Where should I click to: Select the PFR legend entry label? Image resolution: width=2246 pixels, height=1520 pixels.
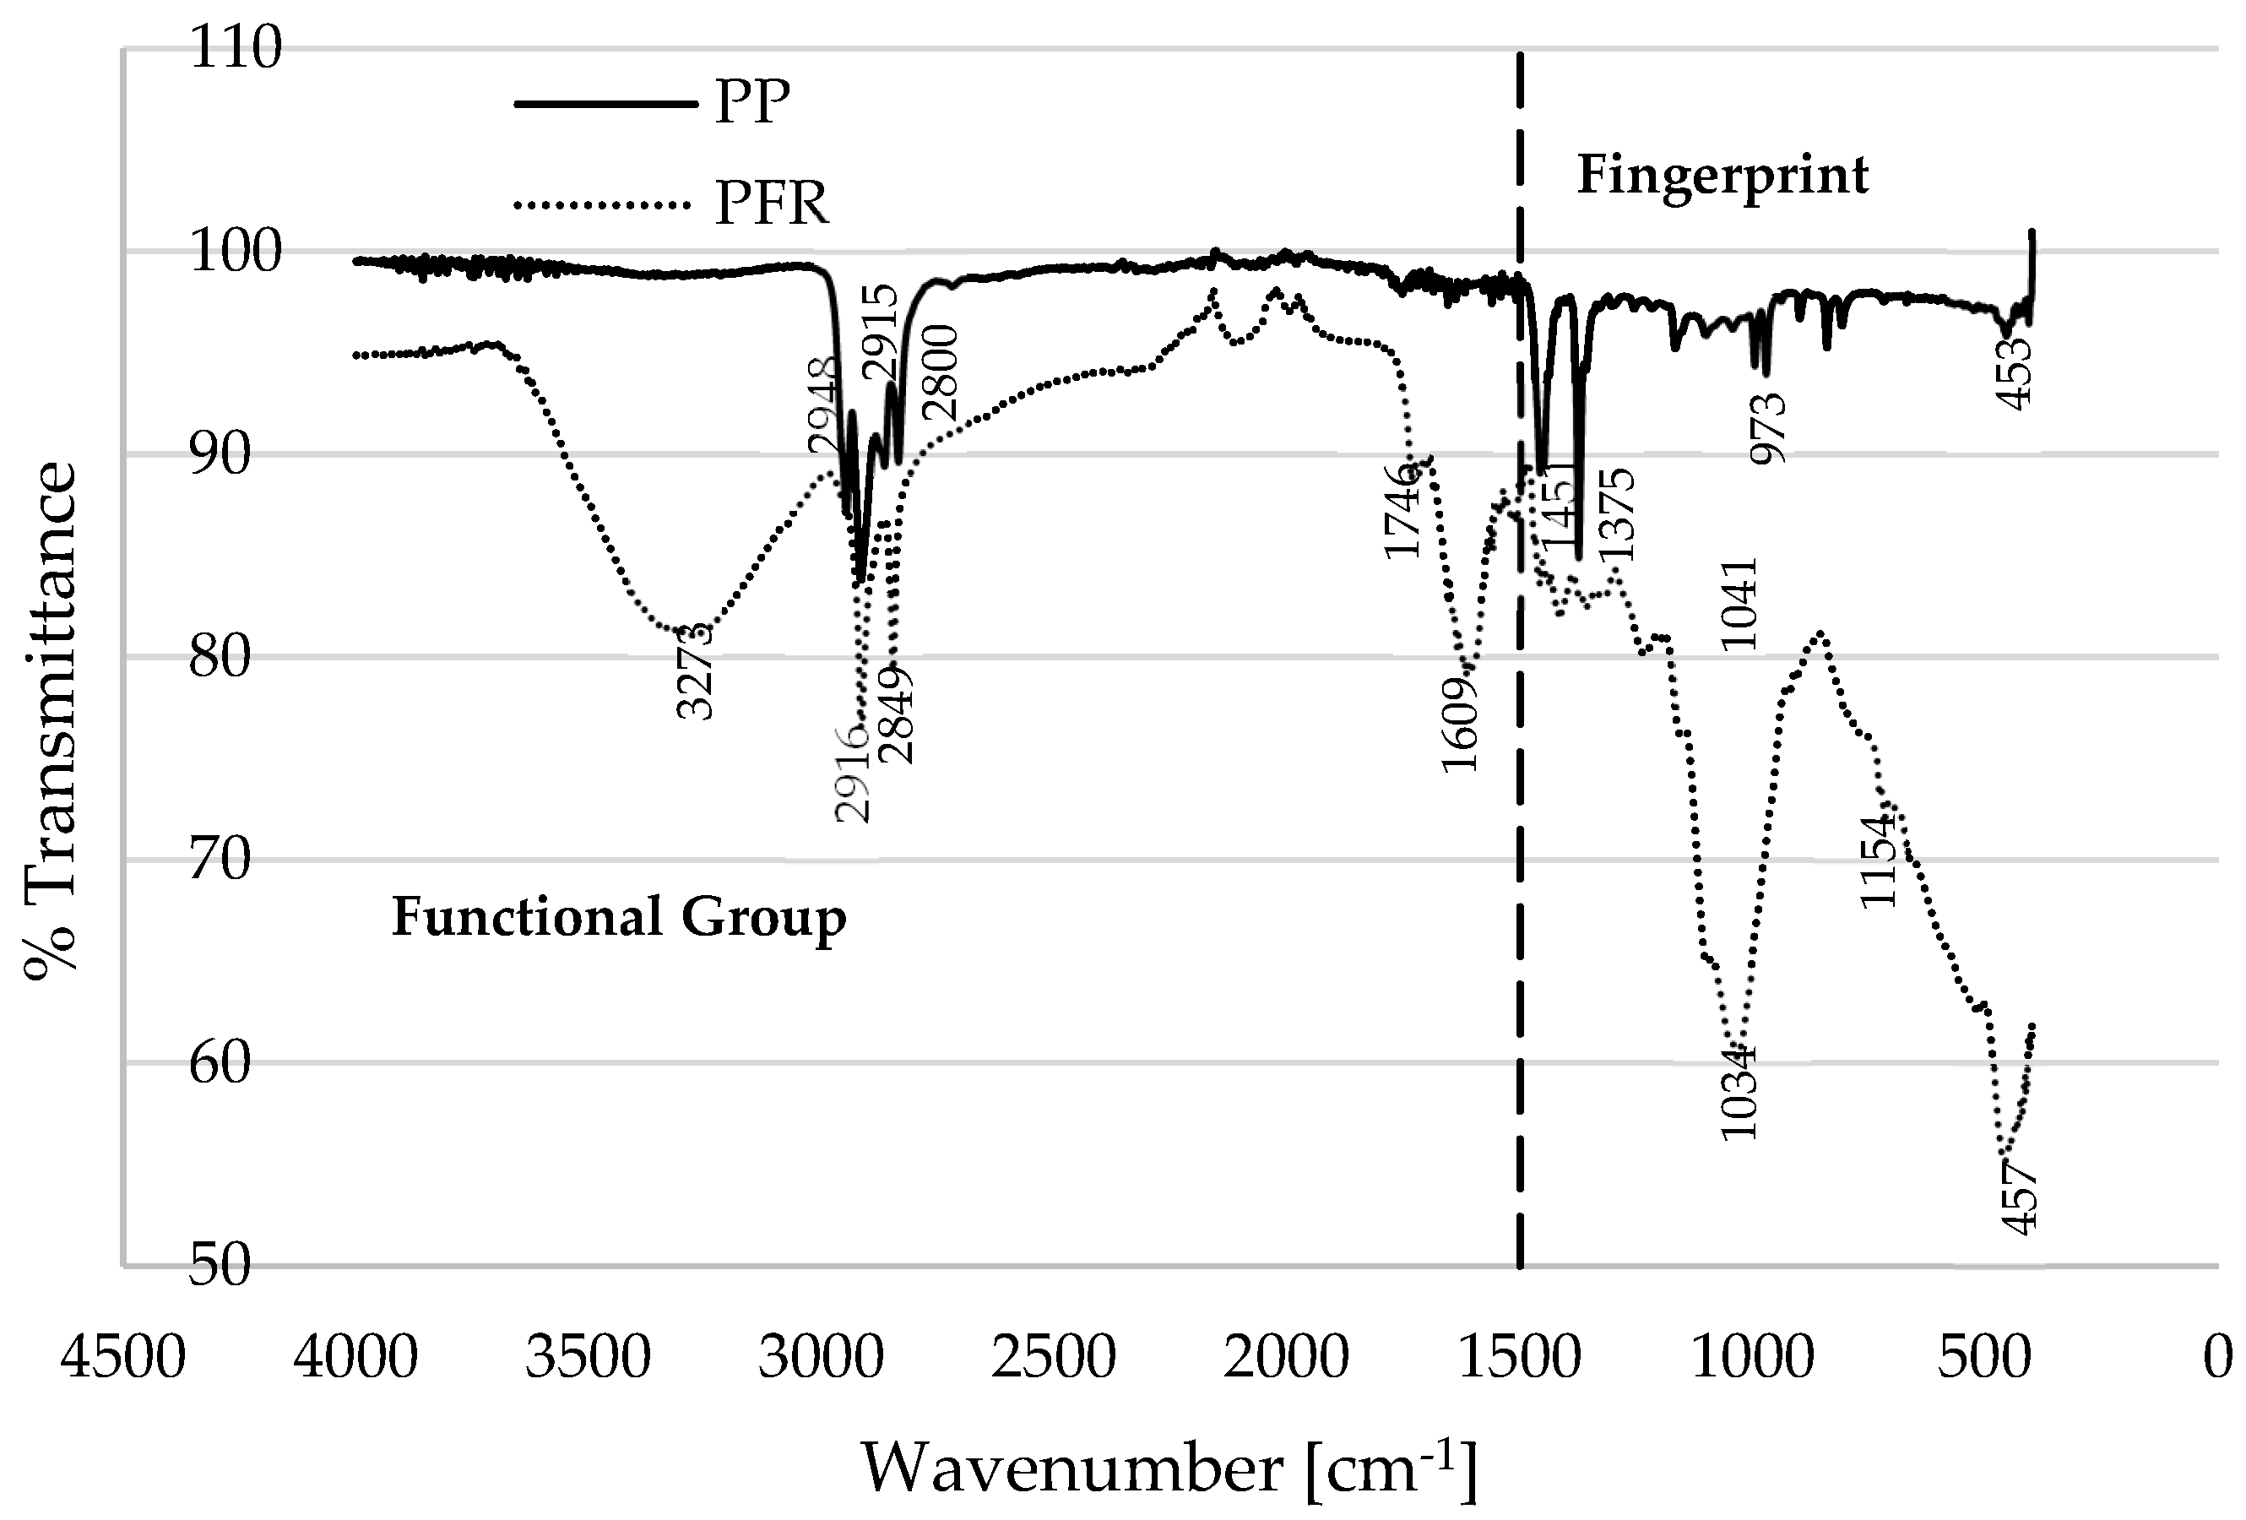click(x=771, y=204)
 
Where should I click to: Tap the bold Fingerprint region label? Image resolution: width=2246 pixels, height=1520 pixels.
click(x=1722, y=176)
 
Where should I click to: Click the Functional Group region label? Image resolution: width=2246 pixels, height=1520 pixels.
click(x=619, y=917)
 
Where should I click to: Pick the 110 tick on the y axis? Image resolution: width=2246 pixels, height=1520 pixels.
click(x=236, y=47)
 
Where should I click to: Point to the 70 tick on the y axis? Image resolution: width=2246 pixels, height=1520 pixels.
click(x=220, y=860)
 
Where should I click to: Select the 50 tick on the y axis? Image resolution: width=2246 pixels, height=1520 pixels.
click(x=220, y=1266)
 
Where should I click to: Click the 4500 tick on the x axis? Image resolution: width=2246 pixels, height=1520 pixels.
click(x=122, y=1358)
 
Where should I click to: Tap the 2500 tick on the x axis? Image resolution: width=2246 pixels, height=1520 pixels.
click(x=1054, y=1358)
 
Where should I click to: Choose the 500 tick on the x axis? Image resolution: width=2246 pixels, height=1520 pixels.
click(x=1984, y=1358)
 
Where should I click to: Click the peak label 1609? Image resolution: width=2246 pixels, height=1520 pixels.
click(x=1460, y=725)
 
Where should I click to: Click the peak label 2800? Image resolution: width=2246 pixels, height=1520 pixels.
click(x=941, y=373)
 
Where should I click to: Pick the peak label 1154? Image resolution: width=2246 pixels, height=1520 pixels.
click(x=1879, y=862)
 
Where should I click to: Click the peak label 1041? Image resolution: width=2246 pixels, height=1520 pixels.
click(x=1739, y=604)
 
